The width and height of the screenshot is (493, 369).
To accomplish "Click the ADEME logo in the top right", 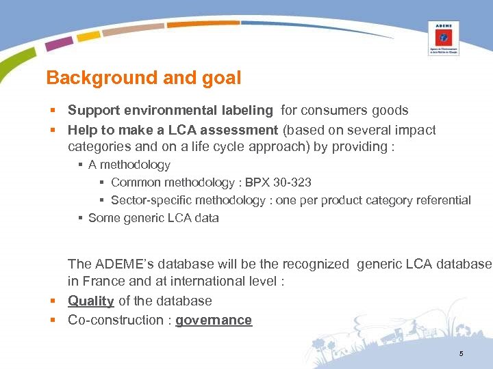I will pos(443,38).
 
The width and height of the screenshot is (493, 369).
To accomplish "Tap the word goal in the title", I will pos(219,78).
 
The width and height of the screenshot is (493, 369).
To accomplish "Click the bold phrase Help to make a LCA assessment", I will pos(173,130).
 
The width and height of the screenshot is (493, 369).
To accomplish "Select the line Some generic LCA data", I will pos(153,218).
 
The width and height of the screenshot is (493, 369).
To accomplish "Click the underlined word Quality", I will pos(91,301).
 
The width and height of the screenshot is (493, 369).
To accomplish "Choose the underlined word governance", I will pos(214,320).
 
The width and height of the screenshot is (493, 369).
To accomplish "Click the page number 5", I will pos(461,353).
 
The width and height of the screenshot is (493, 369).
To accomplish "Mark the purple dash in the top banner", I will pos(59,44).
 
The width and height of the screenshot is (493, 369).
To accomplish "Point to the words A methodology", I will pos(129,165).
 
